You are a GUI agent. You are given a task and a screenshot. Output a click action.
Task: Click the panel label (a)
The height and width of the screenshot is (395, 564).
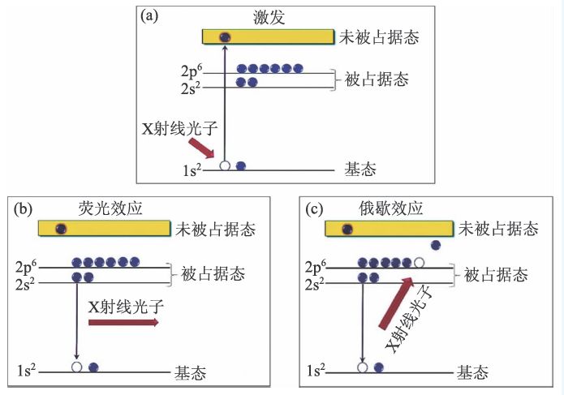(x=150, y=17)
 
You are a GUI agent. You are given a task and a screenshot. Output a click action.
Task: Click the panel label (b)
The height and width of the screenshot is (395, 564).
(x=23, y=209)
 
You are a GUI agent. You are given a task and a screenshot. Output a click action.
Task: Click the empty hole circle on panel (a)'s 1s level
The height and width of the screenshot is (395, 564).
(x=225, y=165)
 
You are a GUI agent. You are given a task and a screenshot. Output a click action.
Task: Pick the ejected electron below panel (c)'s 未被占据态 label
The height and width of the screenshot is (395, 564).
(x=436, y=245)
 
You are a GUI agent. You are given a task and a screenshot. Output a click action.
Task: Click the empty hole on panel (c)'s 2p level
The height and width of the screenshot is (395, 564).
(x=419, y=262)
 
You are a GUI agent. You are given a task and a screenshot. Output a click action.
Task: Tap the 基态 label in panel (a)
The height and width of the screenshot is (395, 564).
(x=361, y=170)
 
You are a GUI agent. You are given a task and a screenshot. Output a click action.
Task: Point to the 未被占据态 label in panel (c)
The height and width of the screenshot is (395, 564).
(x=498, y=230)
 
